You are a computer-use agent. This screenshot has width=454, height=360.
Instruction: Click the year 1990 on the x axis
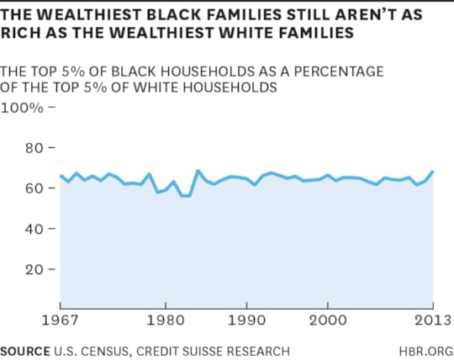pos(245,320)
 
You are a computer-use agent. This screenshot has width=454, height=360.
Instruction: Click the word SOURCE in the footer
pos(25,350)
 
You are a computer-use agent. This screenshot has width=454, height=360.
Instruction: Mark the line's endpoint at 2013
pos(433,172)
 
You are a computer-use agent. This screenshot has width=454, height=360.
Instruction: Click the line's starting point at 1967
pos(61,176)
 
